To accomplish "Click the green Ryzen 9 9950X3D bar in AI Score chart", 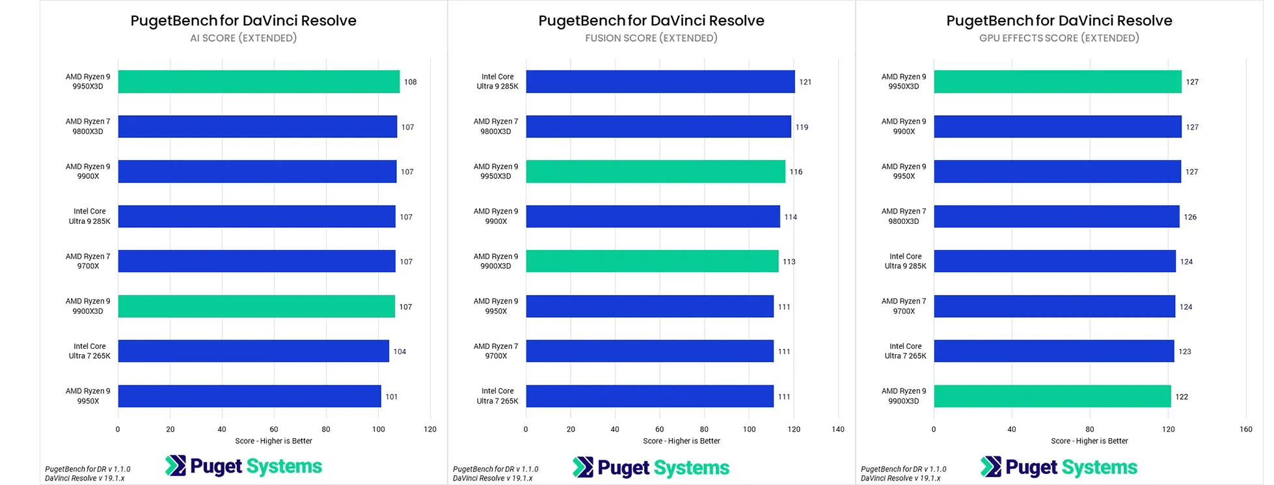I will (x=258, y=81).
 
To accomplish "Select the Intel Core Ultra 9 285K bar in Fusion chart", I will (x=660, y=81).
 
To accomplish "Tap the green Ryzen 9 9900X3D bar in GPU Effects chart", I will (x=1052, y=396).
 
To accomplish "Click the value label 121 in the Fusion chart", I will (x=805, y=82).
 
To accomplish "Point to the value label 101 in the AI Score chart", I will (x=391, y=396).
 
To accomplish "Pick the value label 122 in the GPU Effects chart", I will (x=1182, y=396).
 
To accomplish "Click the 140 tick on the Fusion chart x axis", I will (x=837, y=429).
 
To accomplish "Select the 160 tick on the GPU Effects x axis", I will (x=1245, y=429).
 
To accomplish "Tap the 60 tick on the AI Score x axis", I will (x=274, y=429).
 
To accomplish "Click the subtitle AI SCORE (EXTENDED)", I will (x=243, y=38).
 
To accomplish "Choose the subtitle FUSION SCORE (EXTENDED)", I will (x=651, y=38).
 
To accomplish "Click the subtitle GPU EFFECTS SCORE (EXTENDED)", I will (x=1059, y=38).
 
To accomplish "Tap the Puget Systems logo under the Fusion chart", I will (x=651, y=467).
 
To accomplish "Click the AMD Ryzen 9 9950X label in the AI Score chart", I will (x=88, y=396).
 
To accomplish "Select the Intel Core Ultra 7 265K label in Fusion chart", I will (x=497, y=396).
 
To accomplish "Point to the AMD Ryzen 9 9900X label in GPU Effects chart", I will (x=904, y=126).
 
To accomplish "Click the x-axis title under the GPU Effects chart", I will (x=1089, y=441).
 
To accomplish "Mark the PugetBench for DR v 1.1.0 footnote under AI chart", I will (x=88, y=469).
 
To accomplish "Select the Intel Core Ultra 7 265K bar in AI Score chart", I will (x=253, y=351).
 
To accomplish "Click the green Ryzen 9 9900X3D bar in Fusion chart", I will (x=652, y=261).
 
